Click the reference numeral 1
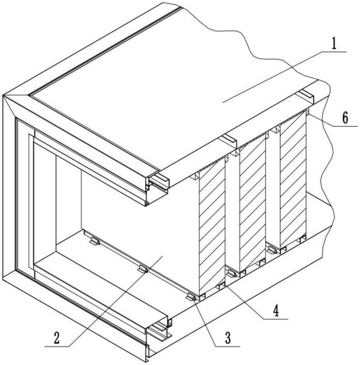334,43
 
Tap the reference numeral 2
57,338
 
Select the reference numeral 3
228,338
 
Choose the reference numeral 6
345,118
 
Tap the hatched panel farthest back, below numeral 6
293,179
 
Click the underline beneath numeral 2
57,347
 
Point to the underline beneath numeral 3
227,347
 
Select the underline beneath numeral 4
276,319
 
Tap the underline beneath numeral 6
345,126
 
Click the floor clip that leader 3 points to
191,297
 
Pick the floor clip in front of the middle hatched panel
231,273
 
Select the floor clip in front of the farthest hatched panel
272,250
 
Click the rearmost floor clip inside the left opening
94,241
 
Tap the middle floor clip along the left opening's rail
143,269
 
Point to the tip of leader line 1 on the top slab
223,102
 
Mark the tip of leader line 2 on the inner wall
162,256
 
